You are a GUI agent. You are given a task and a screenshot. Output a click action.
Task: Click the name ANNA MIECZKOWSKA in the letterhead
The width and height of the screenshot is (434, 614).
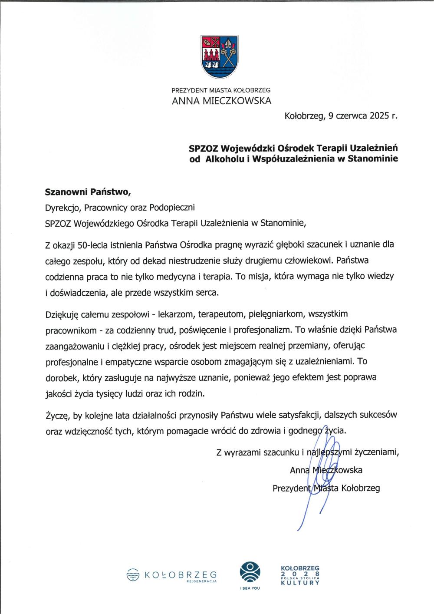coord(221,102)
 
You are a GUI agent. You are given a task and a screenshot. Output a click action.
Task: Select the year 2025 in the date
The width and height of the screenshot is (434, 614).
coord(380,116)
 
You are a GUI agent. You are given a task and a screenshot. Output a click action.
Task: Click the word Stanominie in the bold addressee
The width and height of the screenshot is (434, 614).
coord(373,159)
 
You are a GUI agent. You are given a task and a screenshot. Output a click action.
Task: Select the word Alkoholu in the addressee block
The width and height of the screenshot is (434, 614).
coord(224,159)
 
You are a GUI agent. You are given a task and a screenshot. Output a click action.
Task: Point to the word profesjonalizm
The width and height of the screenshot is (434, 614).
coord(262,330)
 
